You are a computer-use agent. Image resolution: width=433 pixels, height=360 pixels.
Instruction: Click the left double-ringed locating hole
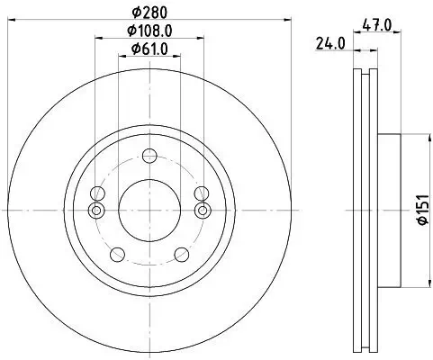(x=96, y=210)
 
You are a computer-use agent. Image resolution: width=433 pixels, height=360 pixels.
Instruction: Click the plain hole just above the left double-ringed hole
(x=96, y=192)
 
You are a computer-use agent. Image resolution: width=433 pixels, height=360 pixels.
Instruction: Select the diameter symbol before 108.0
(x=128, y=31)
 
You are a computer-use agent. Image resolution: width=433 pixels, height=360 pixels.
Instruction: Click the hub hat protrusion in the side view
(x=390, y=209)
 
